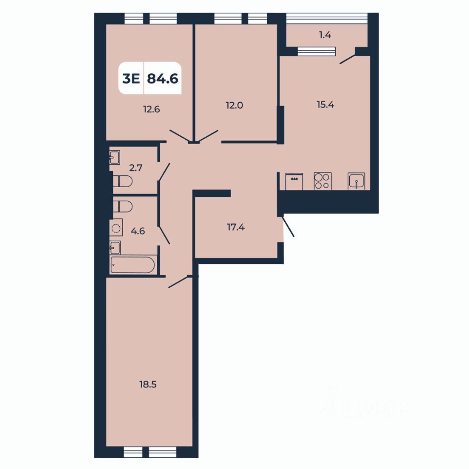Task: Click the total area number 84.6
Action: point(162,79)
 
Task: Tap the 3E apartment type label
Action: point(130,79)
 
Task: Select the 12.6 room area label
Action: point(152,109)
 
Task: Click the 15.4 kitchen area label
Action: point(325,104)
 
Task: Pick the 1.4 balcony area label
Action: point(325,35)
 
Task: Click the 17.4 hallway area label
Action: point(236,226)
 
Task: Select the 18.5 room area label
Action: point(148,384)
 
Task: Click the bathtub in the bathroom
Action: point(133,265)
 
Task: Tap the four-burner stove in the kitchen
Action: point(322,181)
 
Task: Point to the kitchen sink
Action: point(357,181)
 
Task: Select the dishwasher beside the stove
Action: point(295,181)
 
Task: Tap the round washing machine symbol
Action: point(116,228)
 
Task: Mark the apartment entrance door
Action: point(288,227)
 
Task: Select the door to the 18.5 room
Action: point(178,282)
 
